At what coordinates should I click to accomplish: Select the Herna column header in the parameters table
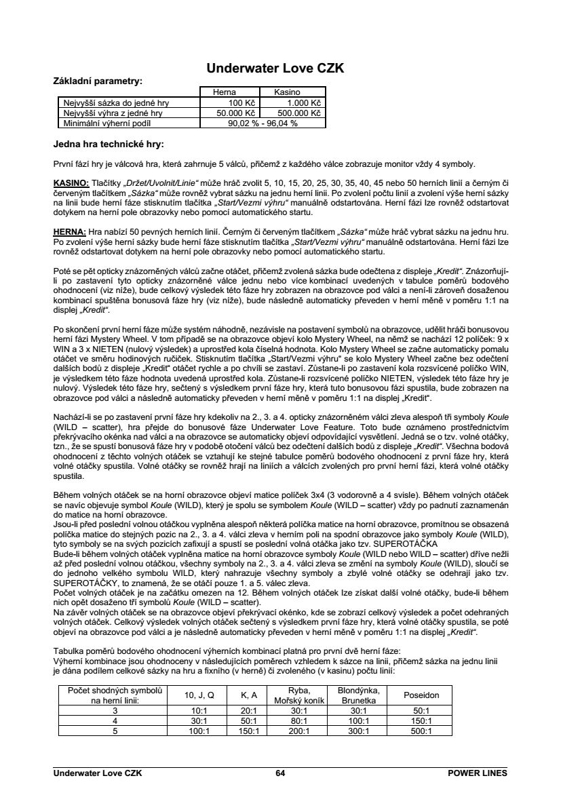point(225,92)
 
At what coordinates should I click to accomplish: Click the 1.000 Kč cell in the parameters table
point(304,102)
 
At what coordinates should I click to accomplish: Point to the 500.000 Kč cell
point(299,113)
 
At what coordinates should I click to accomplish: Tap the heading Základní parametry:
point(98,81)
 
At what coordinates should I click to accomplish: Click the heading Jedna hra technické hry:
point(109,144)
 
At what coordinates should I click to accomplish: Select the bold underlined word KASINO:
point(71,183)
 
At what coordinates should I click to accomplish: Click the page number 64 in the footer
point(281,773)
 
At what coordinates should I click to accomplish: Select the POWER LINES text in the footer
point(478,773)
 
